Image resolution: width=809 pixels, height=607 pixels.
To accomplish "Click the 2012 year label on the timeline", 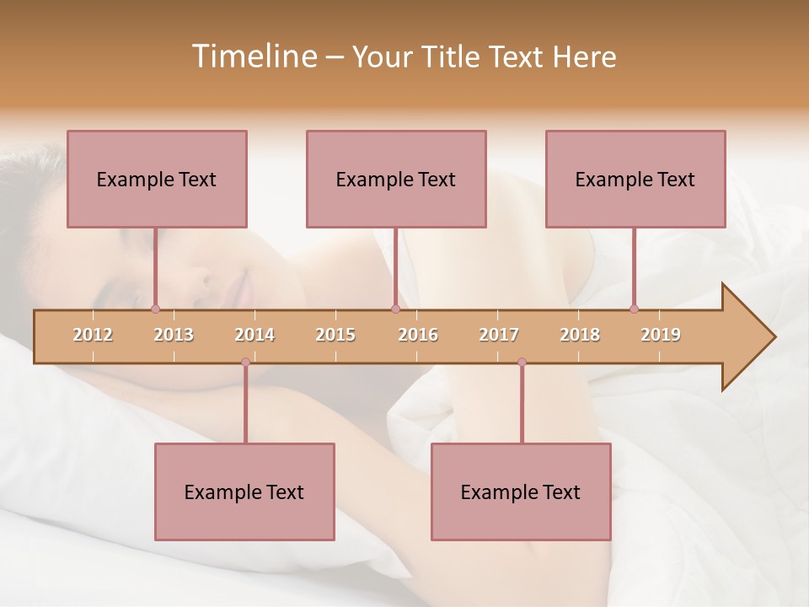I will click(93, 335).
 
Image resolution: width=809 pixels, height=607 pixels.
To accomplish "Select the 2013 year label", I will click(174, 335).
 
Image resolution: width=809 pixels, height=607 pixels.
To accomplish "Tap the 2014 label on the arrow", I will click(254, 335).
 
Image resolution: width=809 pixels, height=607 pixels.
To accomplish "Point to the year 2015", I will click(335, 335).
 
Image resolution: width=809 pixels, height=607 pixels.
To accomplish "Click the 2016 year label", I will click(418, 335).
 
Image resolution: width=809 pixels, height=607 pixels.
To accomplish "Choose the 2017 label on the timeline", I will click(499, 335).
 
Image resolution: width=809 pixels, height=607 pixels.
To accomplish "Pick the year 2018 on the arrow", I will click(580, 335).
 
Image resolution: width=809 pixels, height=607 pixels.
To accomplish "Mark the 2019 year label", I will click(661, 335).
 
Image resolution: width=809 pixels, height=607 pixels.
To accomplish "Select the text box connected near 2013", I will click(157, 179).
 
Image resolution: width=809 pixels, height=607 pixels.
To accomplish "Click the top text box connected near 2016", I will click(396, 179).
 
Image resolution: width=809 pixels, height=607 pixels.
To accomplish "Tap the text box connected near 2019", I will click(635, 179).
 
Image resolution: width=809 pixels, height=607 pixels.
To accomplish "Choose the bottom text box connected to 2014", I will click(244, 492).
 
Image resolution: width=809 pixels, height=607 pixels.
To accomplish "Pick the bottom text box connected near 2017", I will click(521, 492).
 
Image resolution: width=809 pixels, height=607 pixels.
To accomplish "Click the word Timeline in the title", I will click(253, 56).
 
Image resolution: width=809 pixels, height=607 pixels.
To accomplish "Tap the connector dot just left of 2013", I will click(155, 309).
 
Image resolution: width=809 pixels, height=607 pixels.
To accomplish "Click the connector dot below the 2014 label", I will click(245, 363).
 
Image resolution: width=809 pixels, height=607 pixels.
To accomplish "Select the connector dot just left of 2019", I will click(634, 309).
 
